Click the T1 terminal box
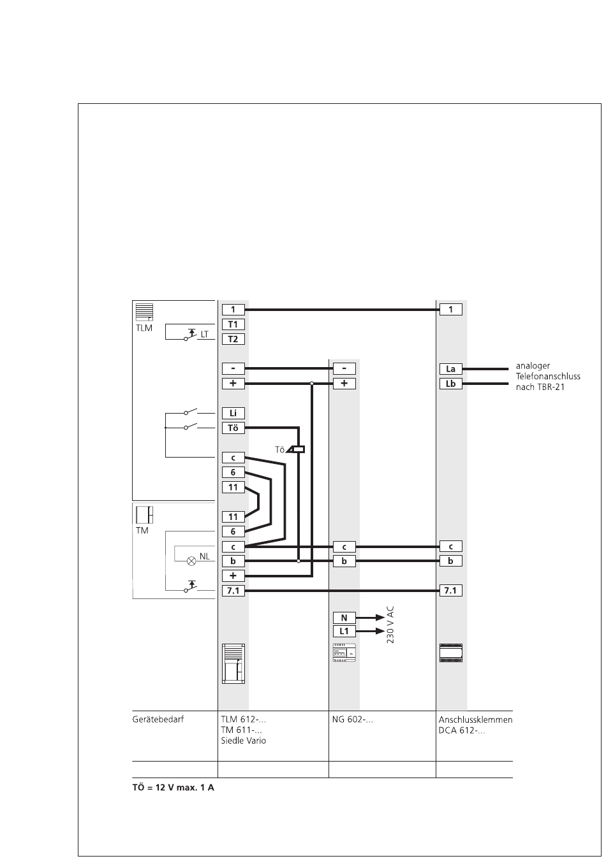click(233, 324)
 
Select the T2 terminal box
click(233, 339)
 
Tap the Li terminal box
click(233, 413)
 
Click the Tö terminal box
click(233, 428)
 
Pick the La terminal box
click(450, 369)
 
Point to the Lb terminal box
click(450, 384)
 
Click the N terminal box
click(344, 618)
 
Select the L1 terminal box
click(344, 632)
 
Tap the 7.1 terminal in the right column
click(450, 591)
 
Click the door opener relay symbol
click(298, 449)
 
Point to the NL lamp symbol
click(191, 561)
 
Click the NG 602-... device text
click(352, 720)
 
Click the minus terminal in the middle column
click(344, 368)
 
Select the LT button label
click(204, 333)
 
